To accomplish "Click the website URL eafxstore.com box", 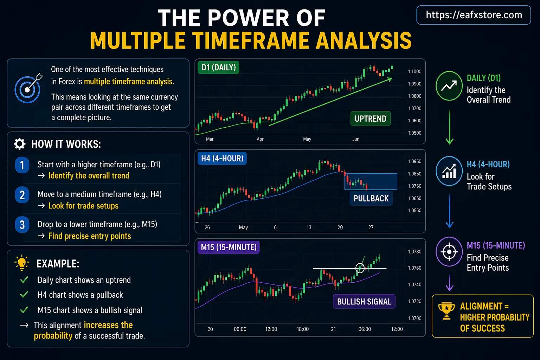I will pyautogui.click(x=474, y=15).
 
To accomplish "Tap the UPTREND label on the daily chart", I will pyautogui.click(x=370, y=119).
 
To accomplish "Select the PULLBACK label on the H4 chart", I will pyautogui.click(x=371, y=199).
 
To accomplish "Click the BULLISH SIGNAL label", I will pyautogui.click(x=364, y=302).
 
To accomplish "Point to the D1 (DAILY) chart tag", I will pyautogui.click(x=218, y=67).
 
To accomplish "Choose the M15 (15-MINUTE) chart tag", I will pyautogui.click(x=229, y=247).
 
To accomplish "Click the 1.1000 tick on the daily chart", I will pyautogui.click(x=414, y=72).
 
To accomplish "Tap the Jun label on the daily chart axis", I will pyautogui.click(x=356, y=139).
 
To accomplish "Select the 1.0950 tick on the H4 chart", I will pyautogui.click(x=414, y=161).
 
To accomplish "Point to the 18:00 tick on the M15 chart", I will pyautogui.click(x=303, y=329).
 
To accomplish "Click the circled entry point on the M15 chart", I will pyautogui.click(x=360, y=268).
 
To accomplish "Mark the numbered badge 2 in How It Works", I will pyautogui.click(x=22, y=195).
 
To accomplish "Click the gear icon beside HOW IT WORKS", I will pyautogui.click(x=20, y=144).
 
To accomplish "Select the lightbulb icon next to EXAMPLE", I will pyautogui.click(x=22, y=263).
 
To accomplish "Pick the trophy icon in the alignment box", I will pyautogui.click(x=446, y=311).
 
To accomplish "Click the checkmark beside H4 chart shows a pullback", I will pyautogui.click(x=24, y=295).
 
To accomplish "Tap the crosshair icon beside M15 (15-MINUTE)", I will pyautogui.click(x=449, y=252).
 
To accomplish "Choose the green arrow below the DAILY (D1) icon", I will pyautogui.click(x=449, y=127).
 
